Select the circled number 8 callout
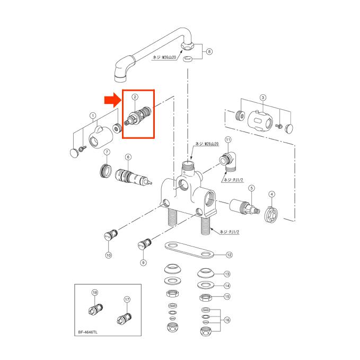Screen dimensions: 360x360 point(209,51)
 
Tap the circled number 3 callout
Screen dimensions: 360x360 point(262,98)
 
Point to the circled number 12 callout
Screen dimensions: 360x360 point(229,255)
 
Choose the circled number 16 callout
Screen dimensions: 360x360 point(227,320)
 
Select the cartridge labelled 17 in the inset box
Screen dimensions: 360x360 point(125,318)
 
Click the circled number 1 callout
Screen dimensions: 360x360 point(92,115)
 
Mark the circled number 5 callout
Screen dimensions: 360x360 point(252,188)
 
